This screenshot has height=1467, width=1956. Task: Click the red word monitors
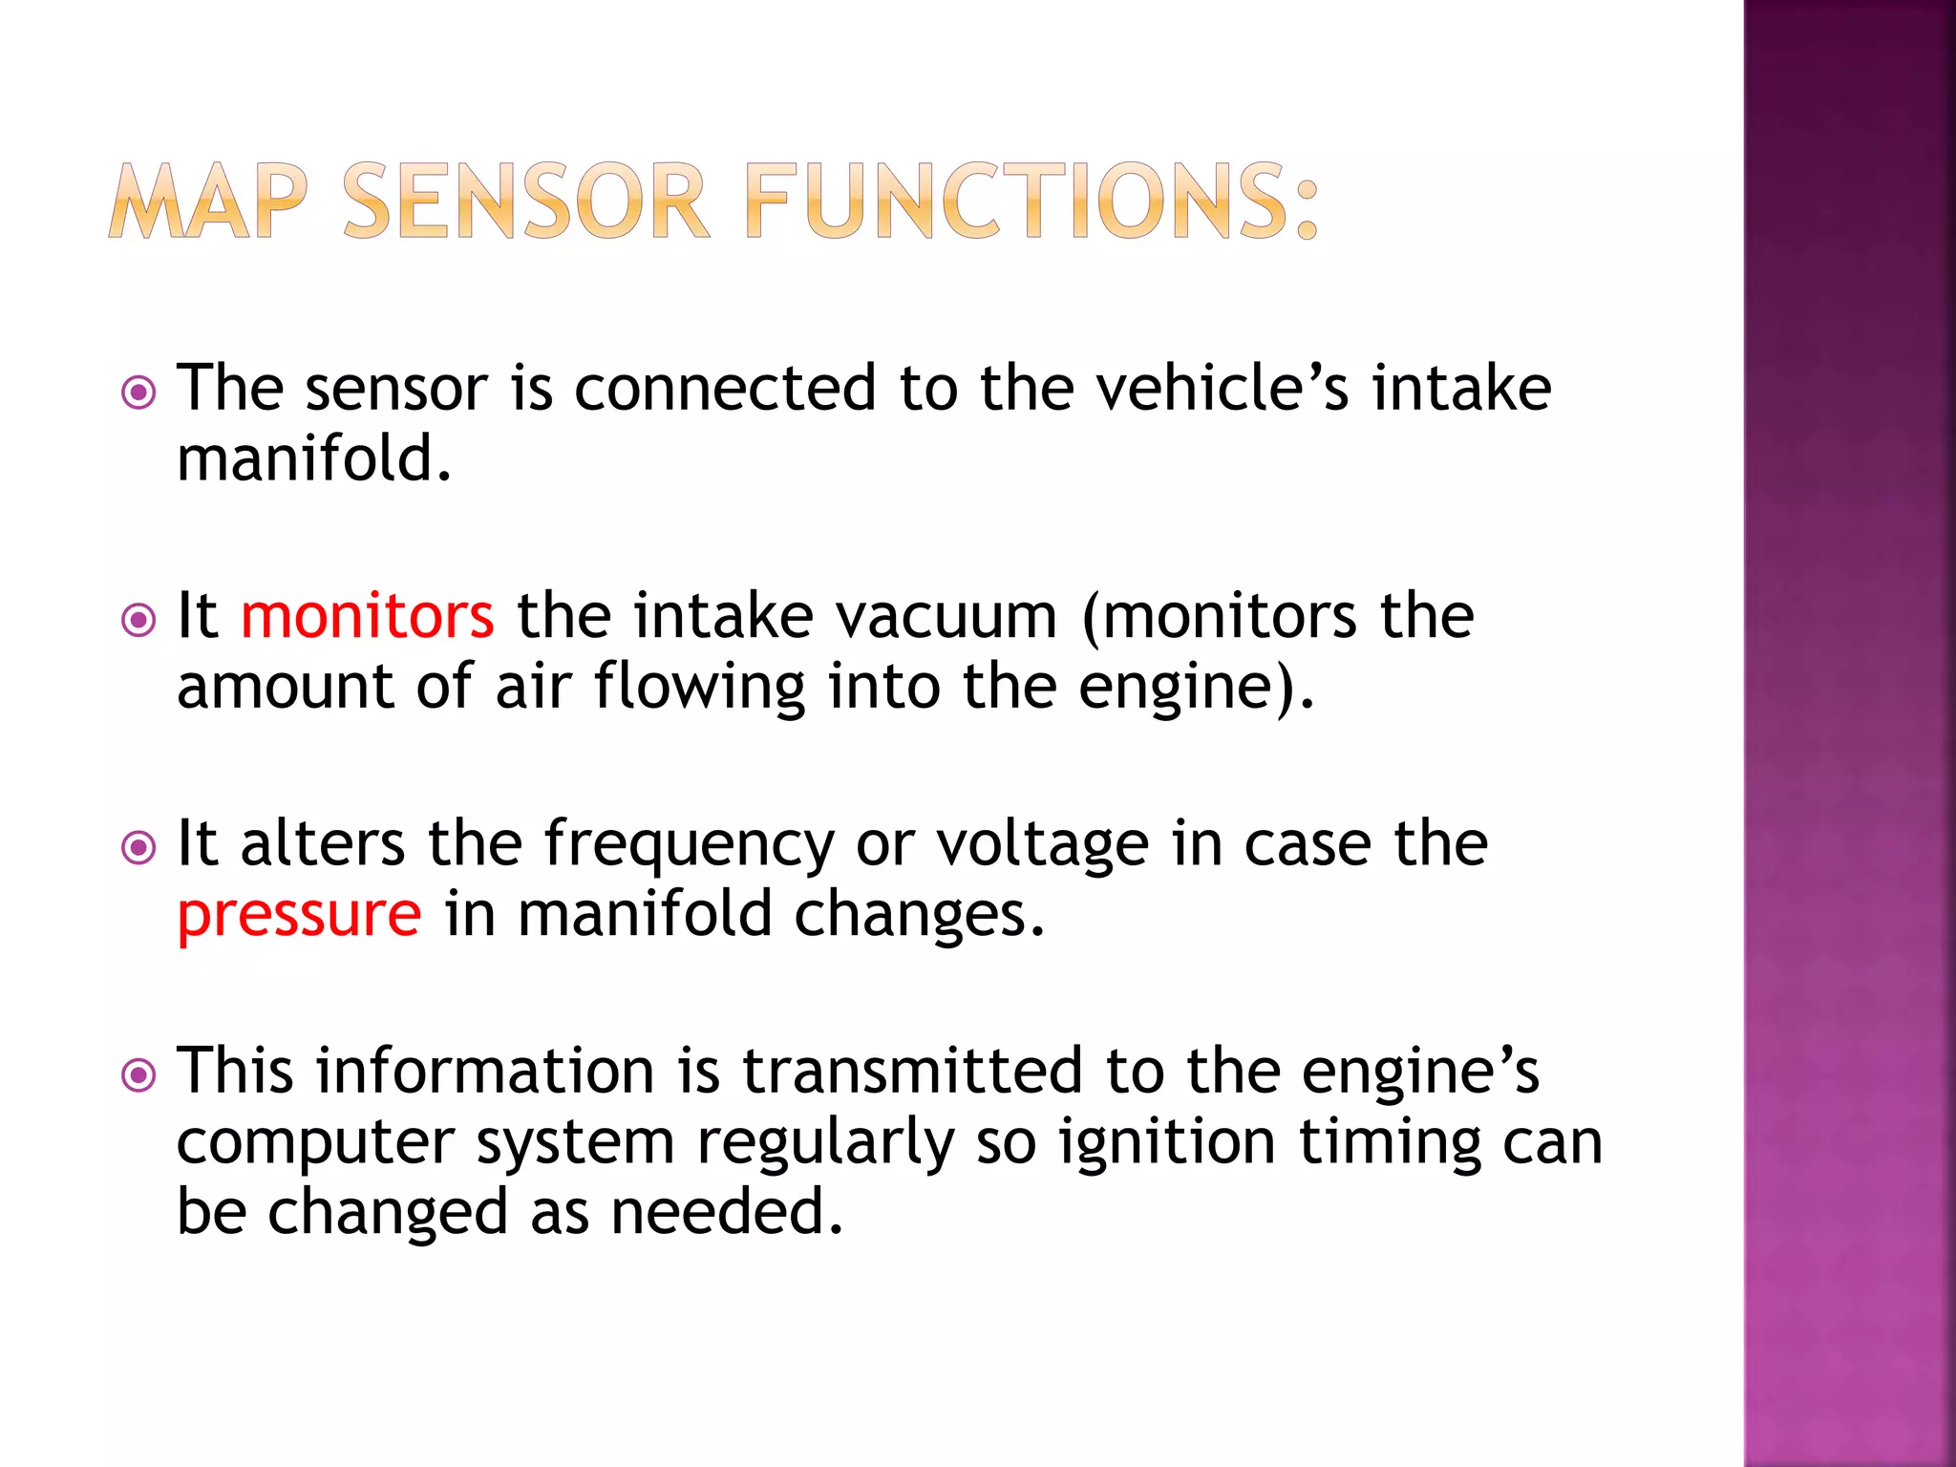point(368,615)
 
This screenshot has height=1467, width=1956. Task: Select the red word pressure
point(299,914)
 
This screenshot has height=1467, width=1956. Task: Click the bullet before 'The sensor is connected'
point(139,393)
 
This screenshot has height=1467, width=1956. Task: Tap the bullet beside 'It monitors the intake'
point(139,620)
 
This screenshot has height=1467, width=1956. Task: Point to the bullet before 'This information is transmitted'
point(139,1075)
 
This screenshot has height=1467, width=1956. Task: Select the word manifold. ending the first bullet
point(314,458)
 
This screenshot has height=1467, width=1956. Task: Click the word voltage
point(1042,844)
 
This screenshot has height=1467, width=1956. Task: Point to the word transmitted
point(913,1070)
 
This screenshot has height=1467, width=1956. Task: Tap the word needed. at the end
point(727,1212)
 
